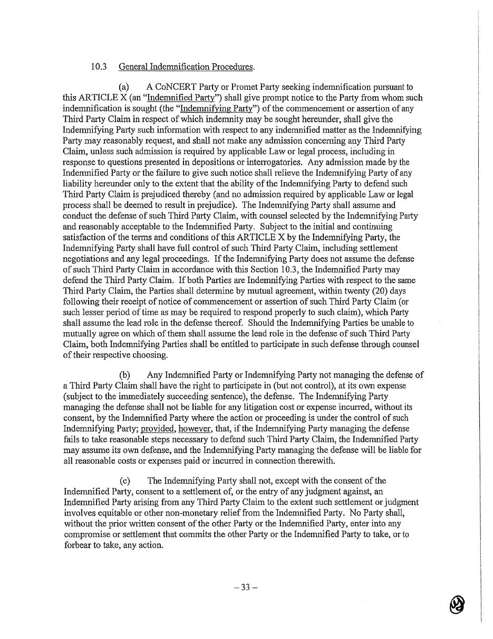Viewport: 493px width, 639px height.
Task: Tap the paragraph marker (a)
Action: pyautogui.click(x=124, y=87)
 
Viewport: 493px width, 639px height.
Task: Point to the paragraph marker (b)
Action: pyautogui.click(x=124, y=375)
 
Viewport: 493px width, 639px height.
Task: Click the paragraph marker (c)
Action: pyautogui.click(x=124, y=481)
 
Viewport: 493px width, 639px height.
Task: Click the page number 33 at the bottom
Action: pyautogui.click(x=246, y=588)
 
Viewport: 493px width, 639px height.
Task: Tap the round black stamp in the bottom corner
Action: pyautogui.click(x=457, y=604)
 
